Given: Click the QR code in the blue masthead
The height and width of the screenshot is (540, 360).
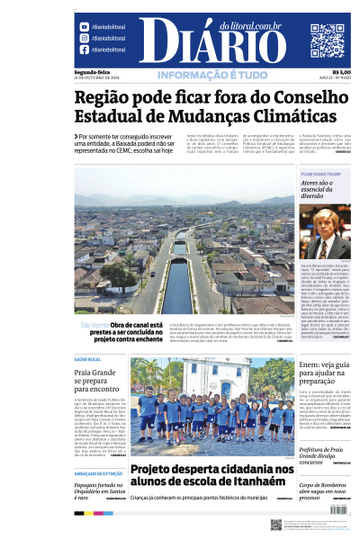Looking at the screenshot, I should [327, 40].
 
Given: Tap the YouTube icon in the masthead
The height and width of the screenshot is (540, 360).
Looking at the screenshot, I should [84, 28].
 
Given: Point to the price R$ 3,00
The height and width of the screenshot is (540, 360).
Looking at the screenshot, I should [341, 72].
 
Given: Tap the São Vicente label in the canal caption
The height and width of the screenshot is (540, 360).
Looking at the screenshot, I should [94, 324].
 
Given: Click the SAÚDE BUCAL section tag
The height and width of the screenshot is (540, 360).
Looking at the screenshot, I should [88, 359].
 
